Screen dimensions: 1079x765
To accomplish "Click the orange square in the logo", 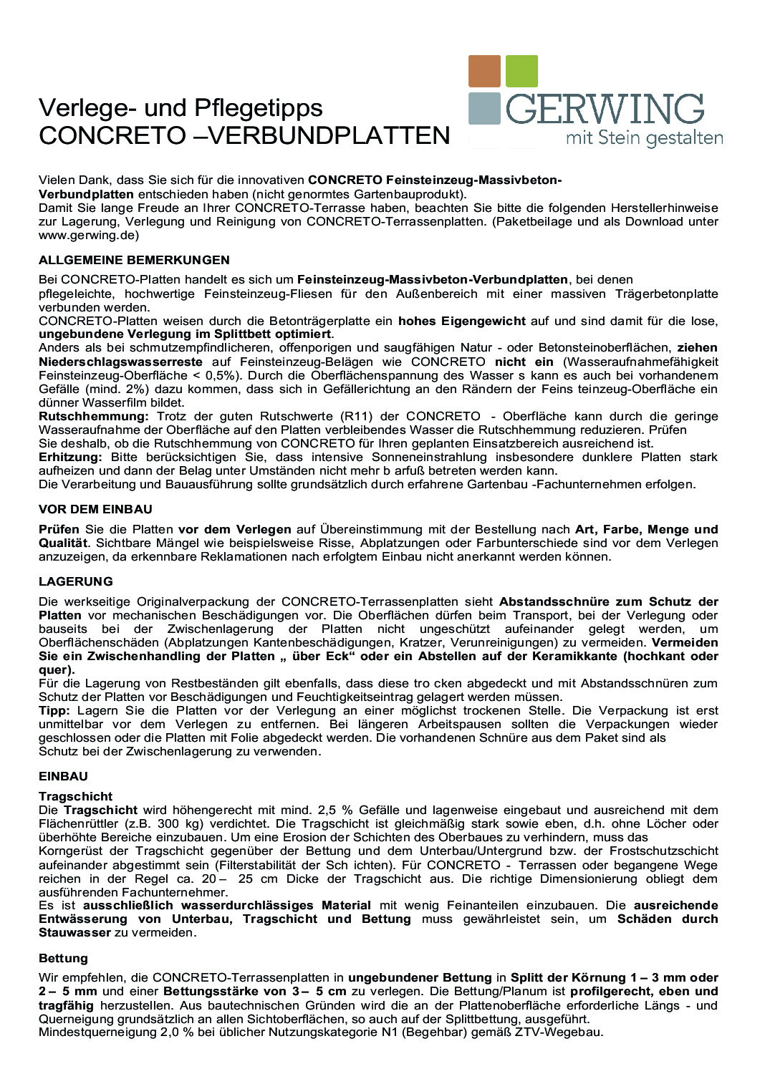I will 484,71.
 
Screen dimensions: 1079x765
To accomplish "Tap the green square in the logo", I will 521,71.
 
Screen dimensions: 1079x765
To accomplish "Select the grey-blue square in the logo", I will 484,107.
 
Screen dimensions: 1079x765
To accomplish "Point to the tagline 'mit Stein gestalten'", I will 644,137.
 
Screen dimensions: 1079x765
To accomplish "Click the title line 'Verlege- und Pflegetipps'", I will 181,107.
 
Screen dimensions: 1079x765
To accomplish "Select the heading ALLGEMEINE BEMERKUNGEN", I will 134,260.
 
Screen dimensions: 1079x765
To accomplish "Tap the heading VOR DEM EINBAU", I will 95,509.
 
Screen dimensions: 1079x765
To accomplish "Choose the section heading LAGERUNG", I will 76,581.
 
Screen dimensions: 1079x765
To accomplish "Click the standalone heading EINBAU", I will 63,776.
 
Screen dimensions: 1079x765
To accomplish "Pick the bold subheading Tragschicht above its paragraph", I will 75,796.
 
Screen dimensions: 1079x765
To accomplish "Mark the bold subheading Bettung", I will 63,958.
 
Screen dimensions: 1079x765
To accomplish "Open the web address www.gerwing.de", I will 89,235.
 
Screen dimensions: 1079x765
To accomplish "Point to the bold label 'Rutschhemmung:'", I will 94,416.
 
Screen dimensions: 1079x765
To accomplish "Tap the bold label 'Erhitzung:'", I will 70,457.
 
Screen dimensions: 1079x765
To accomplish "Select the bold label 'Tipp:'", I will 54,710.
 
